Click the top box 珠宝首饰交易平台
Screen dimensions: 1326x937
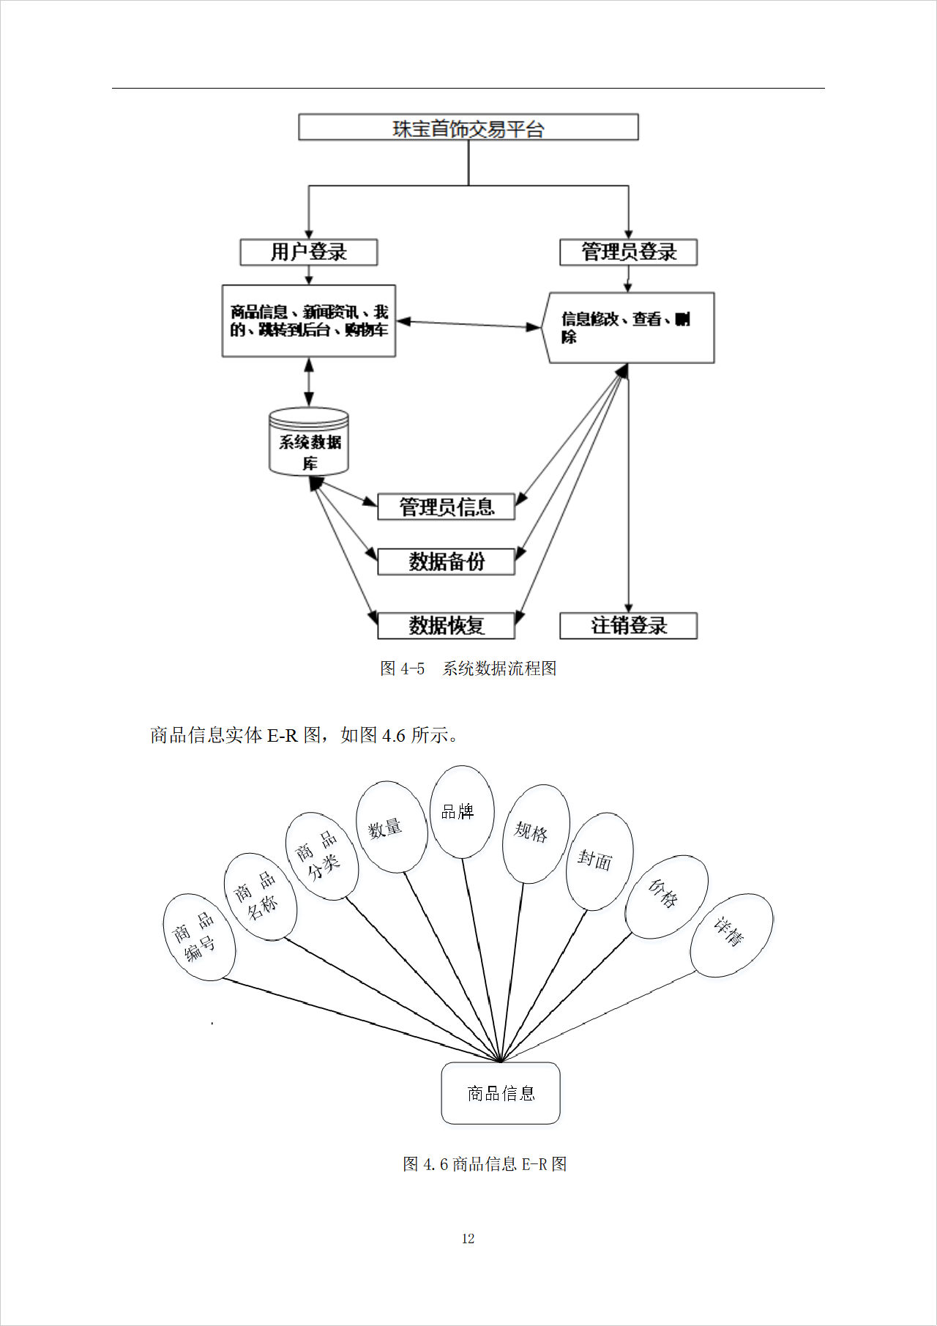pyautogui.click(x=468, y=127)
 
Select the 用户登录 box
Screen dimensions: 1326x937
pyautogui.click(x=309, y=252)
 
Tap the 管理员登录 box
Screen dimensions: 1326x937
pyautogui.click(x=628, y=252)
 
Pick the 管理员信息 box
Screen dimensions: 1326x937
pyautogui.click(x=446, y=507)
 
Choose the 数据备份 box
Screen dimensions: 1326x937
pyautogui.click(x=446, y=562)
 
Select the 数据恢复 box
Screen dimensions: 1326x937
pyautogui.click(x=446, y=625)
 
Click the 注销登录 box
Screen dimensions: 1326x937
pyautogui.click(x=628, y=625)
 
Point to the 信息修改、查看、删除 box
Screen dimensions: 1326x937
pyautogui.click(x=628, y=327)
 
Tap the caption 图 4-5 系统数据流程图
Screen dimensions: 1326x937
pyautogui.click(x=468, y=668)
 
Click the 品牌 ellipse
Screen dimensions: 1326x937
pyautogui.click(x=461, y=811)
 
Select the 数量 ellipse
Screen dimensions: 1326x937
pyautogui.click(x=391, y=827)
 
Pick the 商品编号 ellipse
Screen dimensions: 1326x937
pyautogui.click(x=198, y=937)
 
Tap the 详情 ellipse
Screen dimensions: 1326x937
pyautogui.click(x=731, y=935)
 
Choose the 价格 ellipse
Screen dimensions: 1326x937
pyautogui.click(x=666, y=896)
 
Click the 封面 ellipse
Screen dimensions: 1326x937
pyautogui.click(x=600, y=861)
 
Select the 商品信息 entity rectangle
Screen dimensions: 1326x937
pyautogui.click(x=501, y=1093)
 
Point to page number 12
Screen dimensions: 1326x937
pyautogui.click(x=468, y=1239)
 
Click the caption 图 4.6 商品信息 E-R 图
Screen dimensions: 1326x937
pyautogui.click(x=485, y=1164)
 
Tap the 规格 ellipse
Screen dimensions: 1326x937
pyautogui.click(x=535, y=833)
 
